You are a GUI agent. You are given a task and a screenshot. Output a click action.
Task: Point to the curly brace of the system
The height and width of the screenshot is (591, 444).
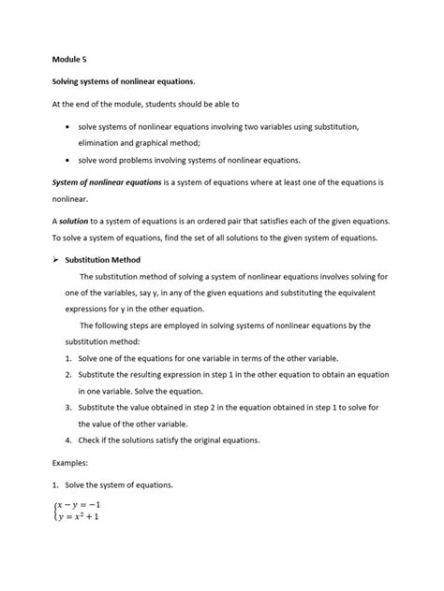pos(54,513)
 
